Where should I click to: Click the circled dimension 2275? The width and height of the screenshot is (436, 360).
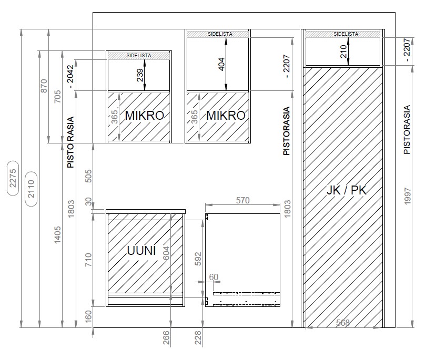(13, 178)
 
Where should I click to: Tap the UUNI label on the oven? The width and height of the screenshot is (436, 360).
(141, 251)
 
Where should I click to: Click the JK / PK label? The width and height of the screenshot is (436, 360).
(347, 190)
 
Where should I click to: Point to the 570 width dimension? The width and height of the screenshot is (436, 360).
(243, 200)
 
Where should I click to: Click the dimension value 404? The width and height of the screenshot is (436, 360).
(221, 64)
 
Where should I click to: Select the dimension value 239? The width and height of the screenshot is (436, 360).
(140, 75)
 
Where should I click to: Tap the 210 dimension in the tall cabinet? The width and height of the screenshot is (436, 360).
(343, 52)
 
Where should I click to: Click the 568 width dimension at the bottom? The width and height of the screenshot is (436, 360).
(342, 323)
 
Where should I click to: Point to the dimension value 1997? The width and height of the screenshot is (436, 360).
(408, 196)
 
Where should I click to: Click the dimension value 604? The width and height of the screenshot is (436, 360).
(166, 253)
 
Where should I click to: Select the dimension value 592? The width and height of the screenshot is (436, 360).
(198, 259)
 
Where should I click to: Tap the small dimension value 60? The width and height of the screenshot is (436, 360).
(214, 277)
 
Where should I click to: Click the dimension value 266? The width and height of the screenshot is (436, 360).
(166, 337)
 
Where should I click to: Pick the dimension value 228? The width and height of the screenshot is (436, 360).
(198, 337)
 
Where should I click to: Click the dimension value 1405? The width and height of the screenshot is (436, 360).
(57, 235)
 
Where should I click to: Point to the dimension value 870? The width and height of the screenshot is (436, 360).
(44, 86)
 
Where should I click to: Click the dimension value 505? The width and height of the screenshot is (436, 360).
(88, 176)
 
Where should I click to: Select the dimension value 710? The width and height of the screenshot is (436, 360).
(88, 260)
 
